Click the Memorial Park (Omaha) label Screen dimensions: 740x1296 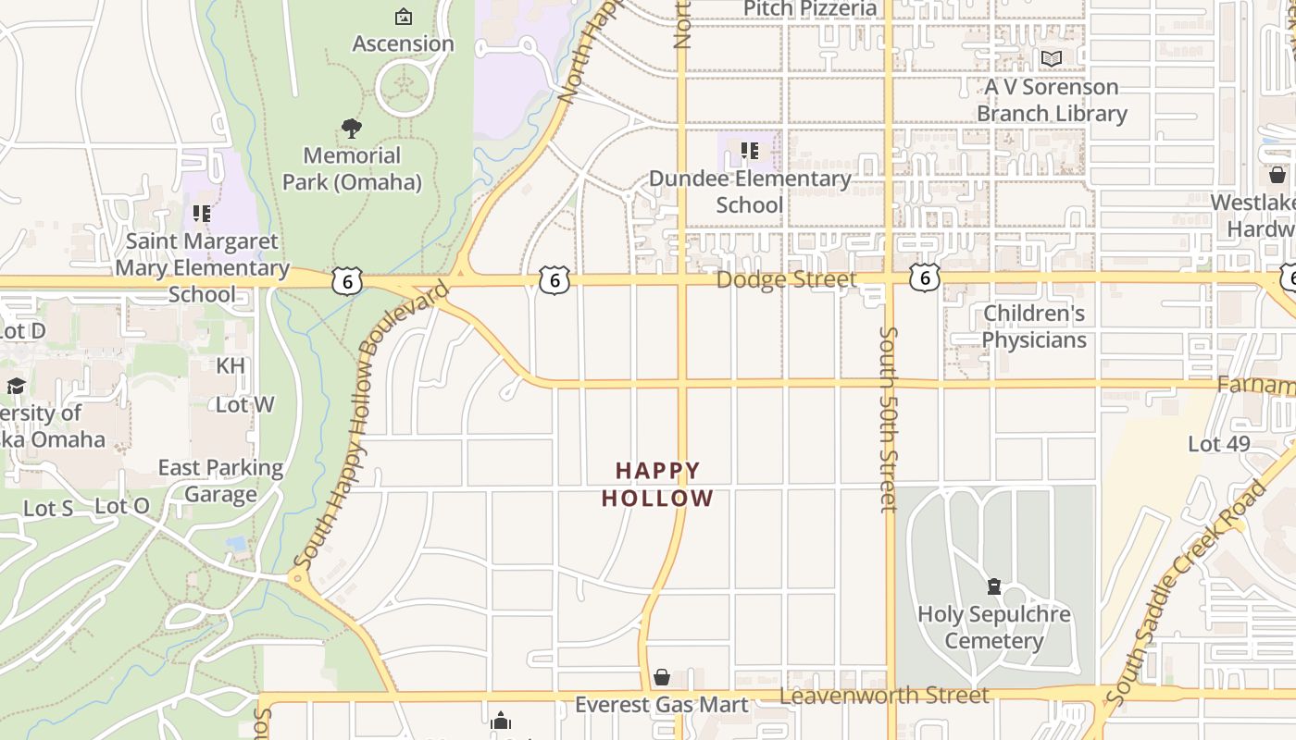[x=352, y=168]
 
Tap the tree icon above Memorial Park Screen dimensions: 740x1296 [x=351, y=129]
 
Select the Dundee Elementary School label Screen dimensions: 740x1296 [x=750, y=191]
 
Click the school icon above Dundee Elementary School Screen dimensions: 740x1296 [x=750, y=151]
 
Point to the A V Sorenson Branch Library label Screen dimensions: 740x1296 [x=1052, y=100]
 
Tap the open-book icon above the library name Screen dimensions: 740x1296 [x=1051, y=59]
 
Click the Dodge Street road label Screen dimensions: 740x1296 [x=787, y=279]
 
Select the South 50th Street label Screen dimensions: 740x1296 [x=889, y=418]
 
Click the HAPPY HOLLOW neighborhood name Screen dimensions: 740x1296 [x=657, y=485]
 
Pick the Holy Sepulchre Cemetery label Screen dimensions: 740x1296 [x=993, y=627]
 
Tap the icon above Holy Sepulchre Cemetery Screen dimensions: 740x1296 [x=993, y=586]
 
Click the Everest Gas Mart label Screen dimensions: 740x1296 [x=661, y=705]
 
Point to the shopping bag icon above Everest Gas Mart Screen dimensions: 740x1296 [x=661, y=678]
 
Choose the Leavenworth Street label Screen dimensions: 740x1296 [x=884, y=696]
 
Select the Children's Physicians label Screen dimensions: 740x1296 [x=1033, y=327]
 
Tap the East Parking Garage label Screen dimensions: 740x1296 [x=220, y=481]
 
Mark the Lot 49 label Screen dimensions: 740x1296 [x=1218, y=444]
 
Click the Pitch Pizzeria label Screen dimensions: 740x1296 [x=810, y=9]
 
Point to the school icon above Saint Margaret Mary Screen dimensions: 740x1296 [x=202, y=214]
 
